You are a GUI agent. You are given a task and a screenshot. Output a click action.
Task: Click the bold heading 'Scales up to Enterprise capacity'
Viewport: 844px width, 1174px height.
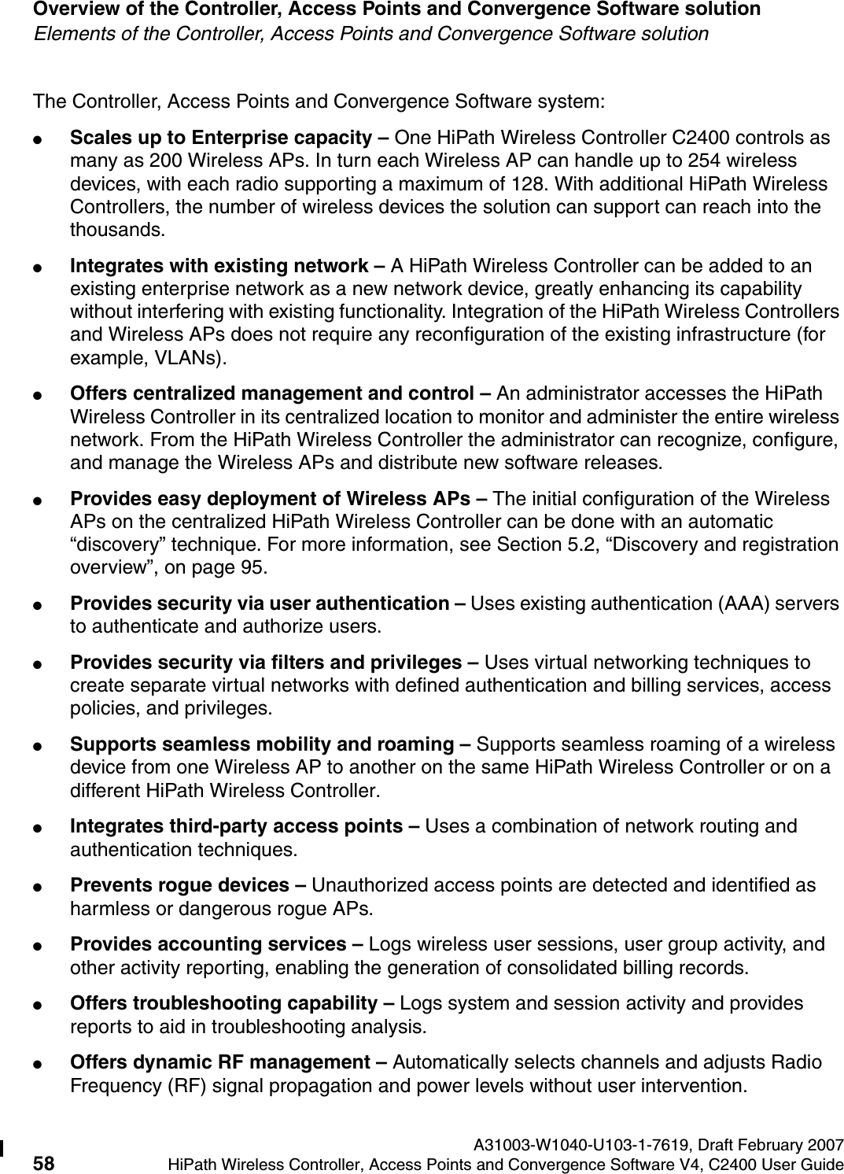coord(220,138)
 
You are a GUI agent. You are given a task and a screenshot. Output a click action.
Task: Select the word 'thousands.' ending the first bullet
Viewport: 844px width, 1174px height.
coord(118,231)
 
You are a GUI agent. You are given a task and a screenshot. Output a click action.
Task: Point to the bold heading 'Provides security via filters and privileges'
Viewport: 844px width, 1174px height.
coord(267,663)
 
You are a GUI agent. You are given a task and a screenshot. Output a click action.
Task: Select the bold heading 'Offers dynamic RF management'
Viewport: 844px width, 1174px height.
coord(220,1063)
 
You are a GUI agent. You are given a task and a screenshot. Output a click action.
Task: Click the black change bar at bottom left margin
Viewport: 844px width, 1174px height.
coord(2,1151)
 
